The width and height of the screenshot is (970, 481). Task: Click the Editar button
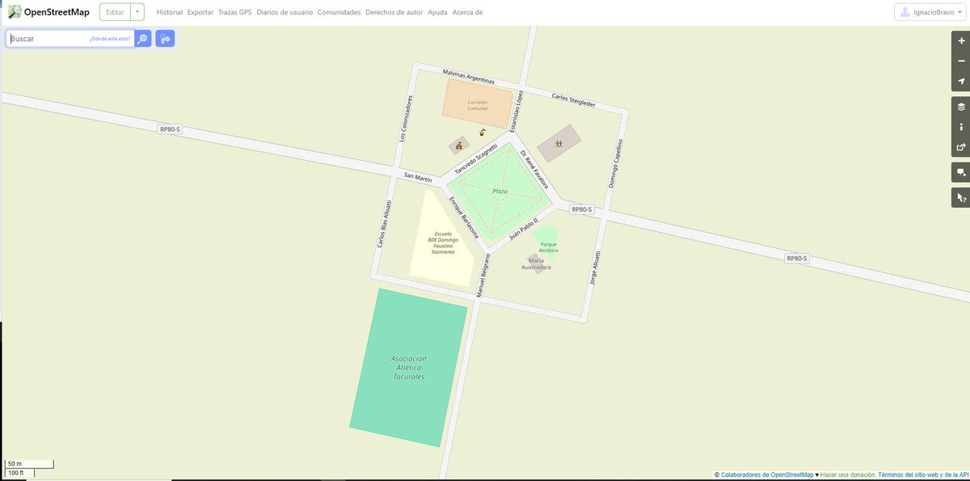coord(115,12)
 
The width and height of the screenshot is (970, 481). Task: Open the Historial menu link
coord(169,13)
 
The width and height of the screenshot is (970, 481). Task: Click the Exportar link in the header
coord(200,13)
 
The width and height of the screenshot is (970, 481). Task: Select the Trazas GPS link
coord(235,13)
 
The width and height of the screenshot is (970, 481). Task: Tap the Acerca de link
coord(467,13)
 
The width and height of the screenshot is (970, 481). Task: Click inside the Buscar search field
coord(48,39)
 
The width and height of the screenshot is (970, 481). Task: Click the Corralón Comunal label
coord(477,105)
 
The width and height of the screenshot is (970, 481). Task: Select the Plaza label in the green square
coord(500,192)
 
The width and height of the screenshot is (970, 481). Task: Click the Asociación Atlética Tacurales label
coord(409,367)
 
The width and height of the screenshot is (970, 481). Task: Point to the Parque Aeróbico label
coord(550,247)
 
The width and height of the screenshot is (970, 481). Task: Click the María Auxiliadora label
coord(536,264)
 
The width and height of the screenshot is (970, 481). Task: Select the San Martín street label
coord(418,177)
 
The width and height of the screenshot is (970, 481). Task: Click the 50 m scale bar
coord(29,464)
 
